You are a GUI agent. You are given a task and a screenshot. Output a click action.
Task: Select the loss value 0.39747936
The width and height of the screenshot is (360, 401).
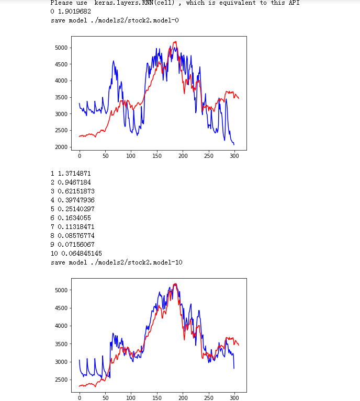(78, 200)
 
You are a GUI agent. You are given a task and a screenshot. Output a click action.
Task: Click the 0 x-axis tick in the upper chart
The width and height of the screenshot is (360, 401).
(80, 155)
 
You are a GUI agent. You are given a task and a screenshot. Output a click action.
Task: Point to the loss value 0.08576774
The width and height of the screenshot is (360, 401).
(78, 235)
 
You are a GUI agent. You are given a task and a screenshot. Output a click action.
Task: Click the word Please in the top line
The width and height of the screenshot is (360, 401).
(61, 3)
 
